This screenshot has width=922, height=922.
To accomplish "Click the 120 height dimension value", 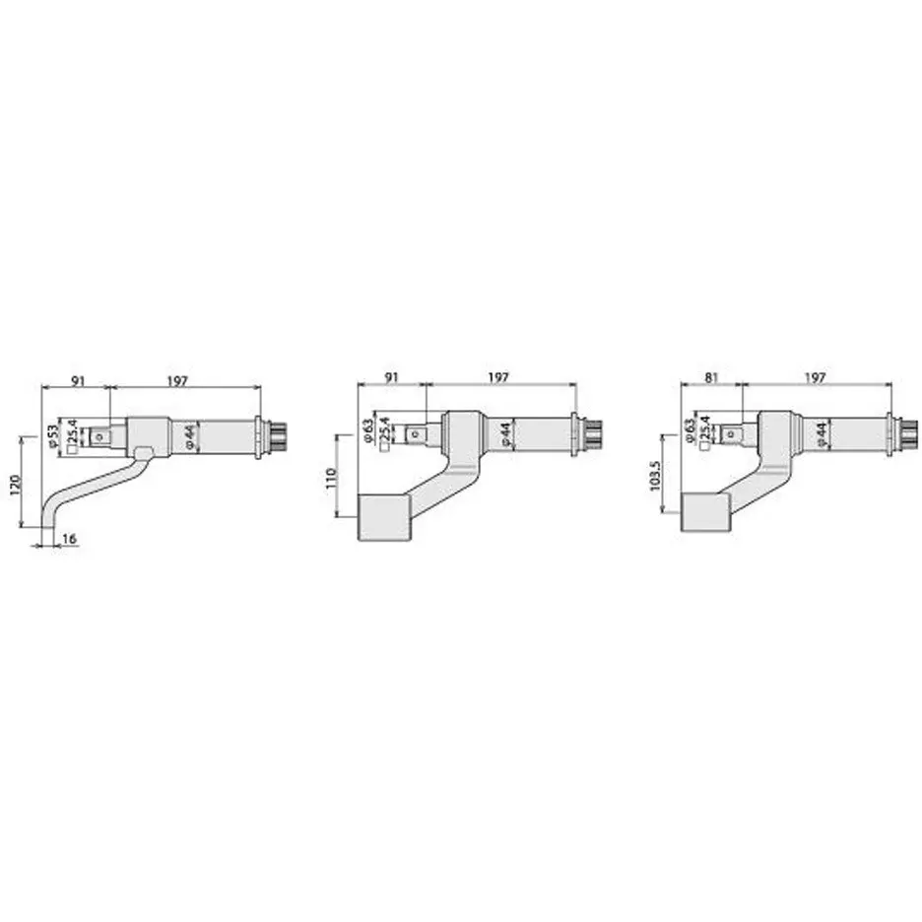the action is click(16, 483).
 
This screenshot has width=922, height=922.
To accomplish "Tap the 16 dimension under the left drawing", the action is click(69, 539).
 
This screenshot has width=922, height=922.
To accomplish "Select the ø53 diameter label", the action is click(54, 437).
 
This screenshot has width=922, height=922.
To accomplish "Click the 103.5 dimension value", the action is click(656, 474).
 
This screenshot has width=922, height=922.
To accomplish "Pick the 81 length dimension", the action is click(711, 377).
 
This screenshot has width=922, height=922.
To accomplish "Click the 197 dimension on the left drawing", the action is click(177, 380).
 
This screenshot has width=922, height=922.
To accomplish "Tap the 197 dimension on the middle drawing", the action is click(498, 377).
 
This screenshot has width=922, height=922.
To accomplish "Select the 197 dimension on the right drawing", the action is click(815, 377).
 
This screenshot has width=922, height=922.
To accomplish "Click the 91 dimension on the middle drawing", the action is click(392, 377).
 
